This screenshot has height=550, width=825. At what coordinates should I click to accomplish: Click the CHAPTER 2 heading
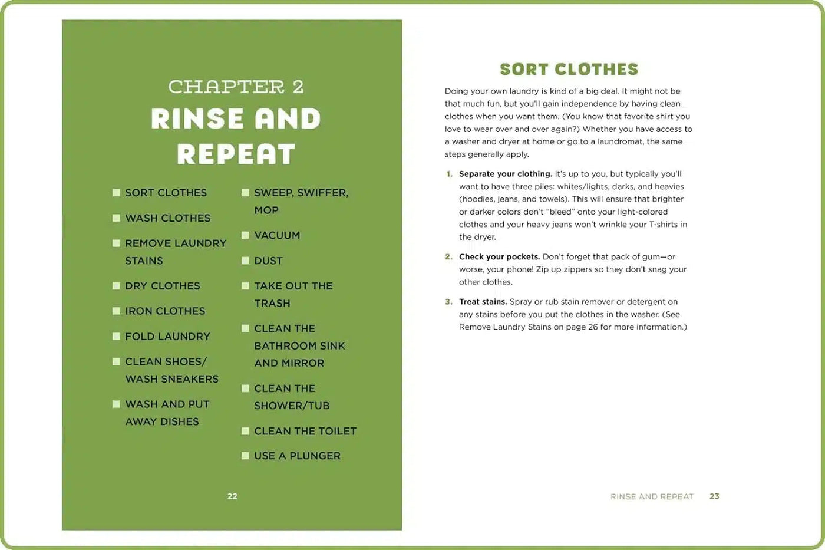(236, 87)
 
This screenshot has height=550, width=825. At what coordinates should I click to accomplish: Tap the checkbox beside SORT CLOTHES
(117, 193)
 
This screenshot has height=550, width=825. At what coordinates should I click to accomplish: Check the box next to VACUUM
(246, 235)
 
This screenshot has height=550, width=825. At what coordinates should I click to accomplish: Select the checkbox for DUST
(246, 261)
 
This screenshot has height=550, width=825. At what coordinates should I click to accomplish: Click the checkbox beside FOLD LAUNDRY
(117, 337)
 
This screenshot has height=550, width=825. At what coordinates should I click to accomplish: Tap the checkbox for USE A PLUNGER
(246, 456)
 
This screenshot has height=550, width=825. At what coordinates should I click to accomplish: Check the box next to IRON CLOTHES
(117, 311)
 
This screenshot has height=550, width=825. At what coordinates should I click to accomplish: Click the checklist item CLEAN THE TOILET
(305, 431)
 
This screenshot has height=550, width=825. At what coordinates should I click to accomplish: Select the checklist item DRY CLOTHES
(163, 286)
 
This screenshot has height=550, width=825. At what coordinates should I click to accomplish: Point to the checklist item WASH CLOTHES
(168, 218)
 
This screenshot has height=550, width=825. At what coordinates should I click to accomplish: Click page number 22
(232, 496)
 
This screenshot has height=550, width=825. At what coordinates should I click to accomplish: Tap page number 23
(714, 496)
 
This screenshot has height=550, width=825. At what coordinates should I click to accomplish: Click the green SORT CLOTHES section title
(569, 70)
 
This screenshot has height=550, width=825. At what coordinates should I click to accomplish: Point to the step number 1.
(449, 174)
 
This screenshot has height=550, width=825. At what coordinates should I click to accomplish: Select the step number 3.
(449, 302)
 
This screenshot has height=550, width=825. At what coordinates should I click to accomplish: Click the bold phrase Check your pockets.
(499, 257)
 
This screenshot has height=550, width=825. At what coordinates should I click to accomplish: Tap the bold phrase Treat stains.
(483, 302)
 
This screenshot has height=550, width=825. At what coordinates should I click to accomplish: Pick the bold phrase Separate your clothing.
(506, 174)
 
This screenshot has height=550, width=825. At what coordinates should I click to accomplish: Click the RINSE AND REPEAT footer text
(652, 497)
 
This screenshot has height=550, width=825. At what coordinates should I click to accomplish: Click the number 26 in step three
(593, 327)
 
